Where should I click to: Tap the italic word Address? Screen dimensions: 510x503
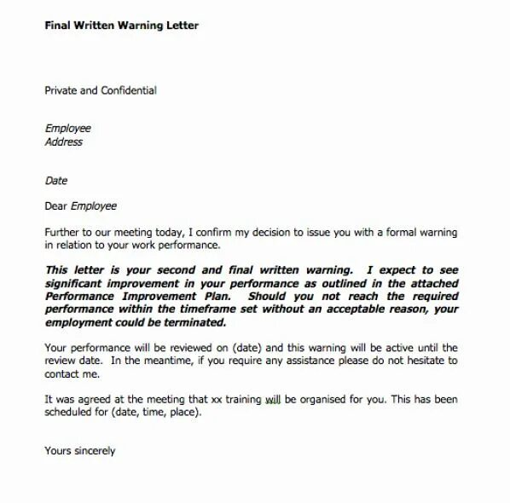[63, 142]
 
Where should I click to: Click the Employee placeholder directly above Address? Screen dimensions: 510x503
[67, 129]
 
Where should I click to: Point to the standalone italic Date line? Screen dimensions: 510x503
[55, 181]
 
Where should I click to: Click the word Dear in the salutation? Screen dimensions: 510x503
[55, 205]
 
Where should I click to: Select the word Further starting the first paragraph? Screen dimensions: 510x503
[63, 231]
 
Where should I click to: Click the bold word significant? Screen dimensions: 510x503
[77, 283]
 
